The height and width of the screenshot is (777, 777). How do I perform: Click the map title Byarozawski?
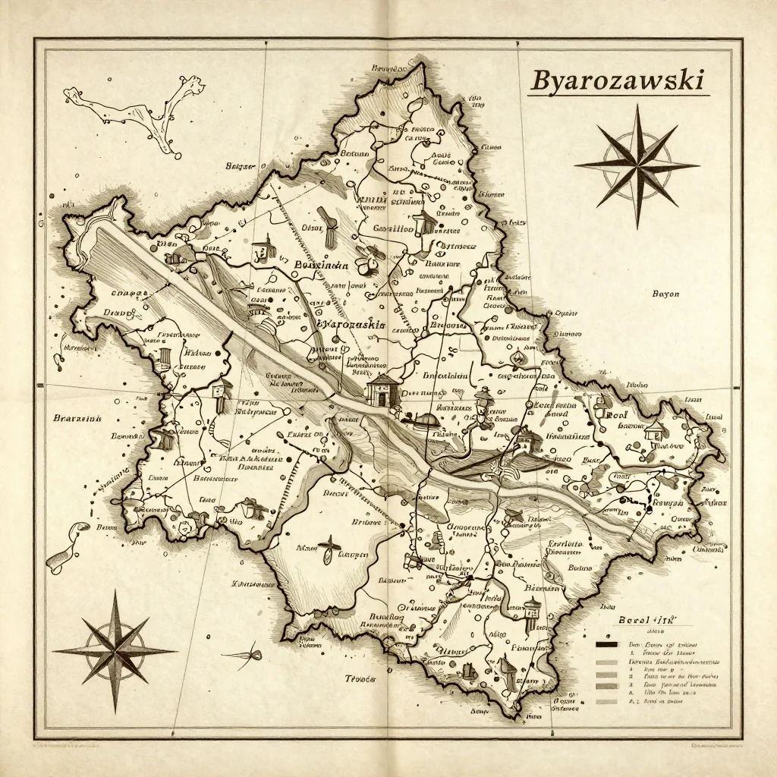(x=617, y=80)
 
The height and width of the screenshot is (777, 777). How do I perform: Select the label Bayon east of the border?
(x=665, y=294)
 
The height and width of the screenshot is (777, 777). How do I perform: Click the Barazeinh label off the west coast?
(x=78, y=417)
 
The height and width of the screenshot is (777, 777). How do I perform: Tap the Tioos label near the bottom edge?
(x=360, y=679)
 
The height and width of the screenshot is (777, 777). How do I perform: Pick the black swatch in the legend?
(x=607, y=645)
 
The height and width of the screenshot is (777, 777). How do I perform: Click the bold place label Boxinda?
(x=321, y=266)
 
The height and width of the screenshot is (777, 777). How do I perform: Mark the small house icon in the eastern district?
(x=654, y=432)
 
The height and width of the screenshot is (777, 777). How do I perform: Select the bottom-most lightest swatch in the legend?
(x=607, y=701)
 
